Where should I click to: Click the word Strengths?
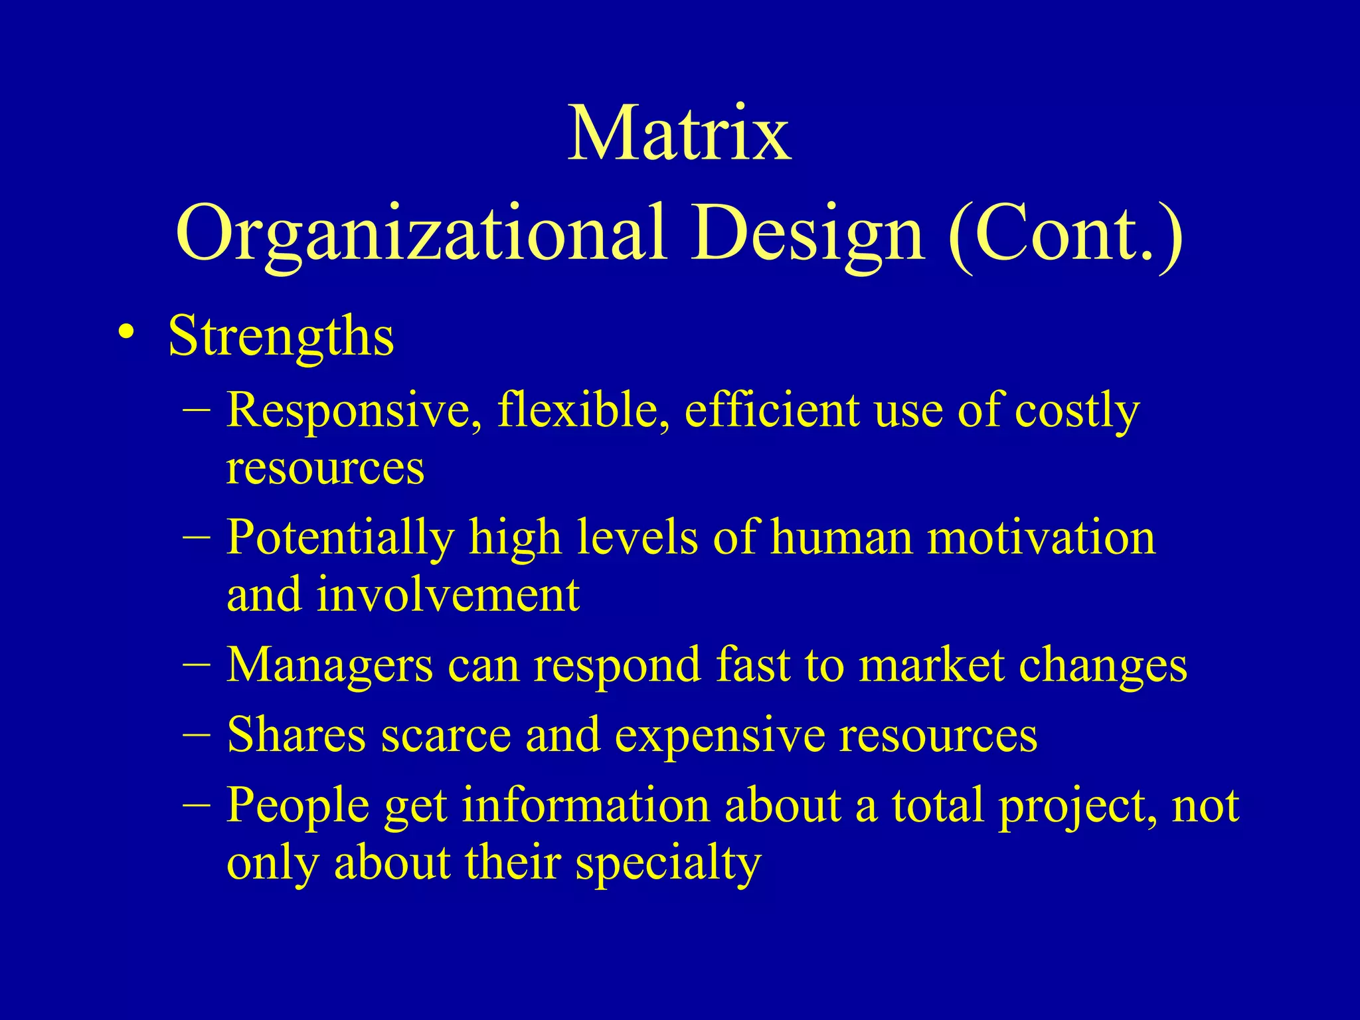(x=281, y=336)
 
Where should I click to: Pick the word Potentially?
(x=340, y=537)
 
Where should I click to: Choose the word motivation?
(x=1041, y=537)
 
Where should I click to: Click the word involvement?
(x=448, y=594)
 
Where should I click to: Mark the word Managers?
(x=329, y=665)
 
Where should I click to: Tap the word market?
(x=930, y=665)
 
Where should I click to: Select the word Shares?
(x=296, y=735)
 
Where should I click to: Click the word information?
(x=585, y=806)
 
